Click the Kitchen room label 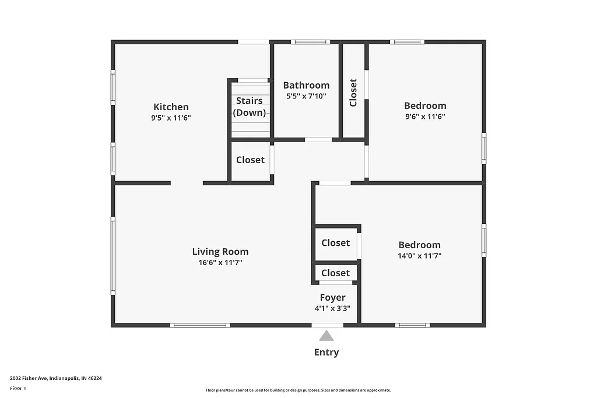pyautogui.click(x=171, y=107)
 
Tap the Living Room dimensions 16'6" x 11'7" pyautogui.click(x=220, y=263)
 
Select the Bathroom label pyautogui.click(x=306, y=85)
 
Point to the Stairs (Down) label pyautogui.click(x=250, y=107)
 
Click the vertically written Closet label pyautogui.click(x=353, y=93)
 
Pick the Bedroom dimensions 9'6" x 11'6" pyautogui.click(x=425, y=117)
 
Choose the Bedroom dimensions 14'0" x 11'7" pyautogui.click(x=419, y=256)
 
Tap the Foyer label pyautogui.click(x=332, y=298)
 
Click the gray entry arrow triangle pyautogui.click(x=326, y=336)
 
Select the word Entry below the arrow pyautogui.click(x=326, y=352)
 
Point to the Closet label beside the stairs pyautogui.click(x=250, y=160)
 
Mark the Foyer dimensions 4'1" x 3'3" pyautogui.click(x=332, y=308)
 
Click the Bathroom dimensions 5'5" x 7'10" pyautogui.click(x=306, y=96)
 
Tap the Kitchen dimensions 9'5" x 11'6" pyautogui.click(x=171, y=118)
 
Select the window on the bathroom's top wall pyautogui.click(x=311, y=42)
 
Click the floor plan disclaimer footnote pyautogui.click(x=298, y=390)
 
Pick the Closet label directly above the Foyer pyautogui.click(x=335, y=273)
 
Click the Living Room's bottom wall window pyautogui.click(x=199, y=325)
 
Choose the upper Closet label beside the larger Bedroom pyautogui.click(x=335, y=243)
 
